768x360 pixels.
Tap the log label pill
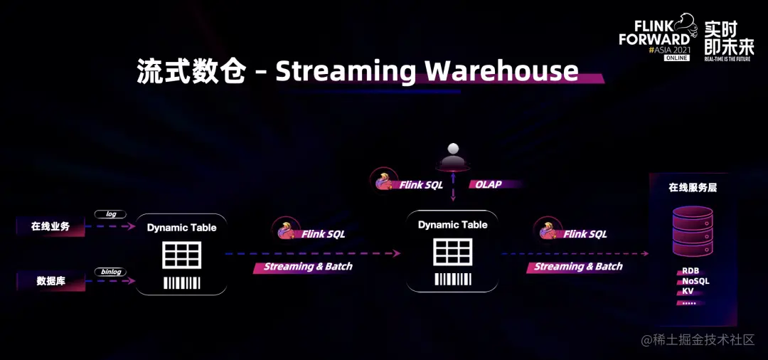tap(110, 213)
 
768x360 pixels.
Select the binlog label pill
tap(110, 271)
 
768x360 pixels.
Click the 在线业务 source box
tap(50, 227)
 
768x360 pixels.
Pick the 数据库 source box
tap(50, 281)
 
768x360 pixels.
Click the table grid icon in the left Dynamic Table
tap(181, 255)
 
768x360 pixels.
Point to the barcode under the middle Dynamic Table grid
tap(453, 279)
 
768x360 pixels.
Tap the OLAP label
tap(489, 184)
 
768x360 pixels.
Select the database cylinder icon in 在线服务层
tap(693, 231)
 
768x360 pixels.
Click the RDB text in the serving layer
tap(690, 271)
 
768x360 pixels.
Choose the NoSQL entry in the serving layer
tap(695, 281)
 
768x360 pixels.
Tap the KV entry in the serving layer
tap(688, 291)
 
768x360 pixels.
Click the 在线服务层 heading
tap(693, 188)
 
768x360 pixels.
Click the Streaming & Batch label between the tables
tap(307, 267)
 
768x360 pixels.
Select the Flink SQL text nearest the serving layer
tap(585, 233)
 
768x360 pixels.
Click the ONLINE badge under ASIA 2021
tap(677, 58)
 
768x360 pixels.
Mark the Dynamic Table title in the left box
tap(181, 228)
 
